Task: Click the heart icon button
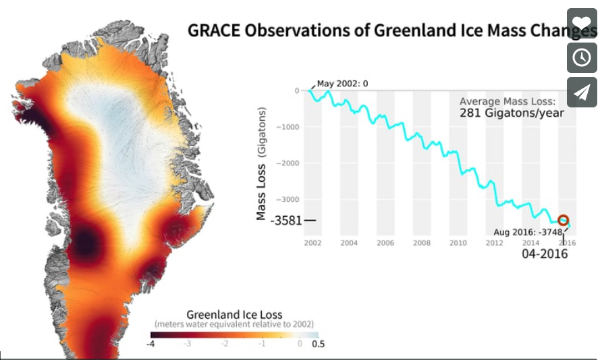click(582, 22)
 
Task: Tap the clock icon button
click(582, 57)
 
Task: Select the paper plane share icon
click(582, 93)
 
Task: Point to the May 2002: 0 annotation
click(343, 84)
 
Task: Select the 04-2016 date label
click(544, 254)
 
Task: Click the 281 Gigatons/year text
click(512, 113)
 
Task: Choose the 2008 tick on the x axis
click(422, 242)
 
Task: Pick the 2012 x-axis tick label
click(495, 242)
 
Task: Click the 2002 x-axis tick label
click(312, 242)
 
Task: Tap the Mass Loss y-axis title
click(261, 162)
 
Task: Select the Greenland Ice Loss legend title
click(234, 315)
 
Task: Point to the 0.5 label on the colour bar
click(317, 343)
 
